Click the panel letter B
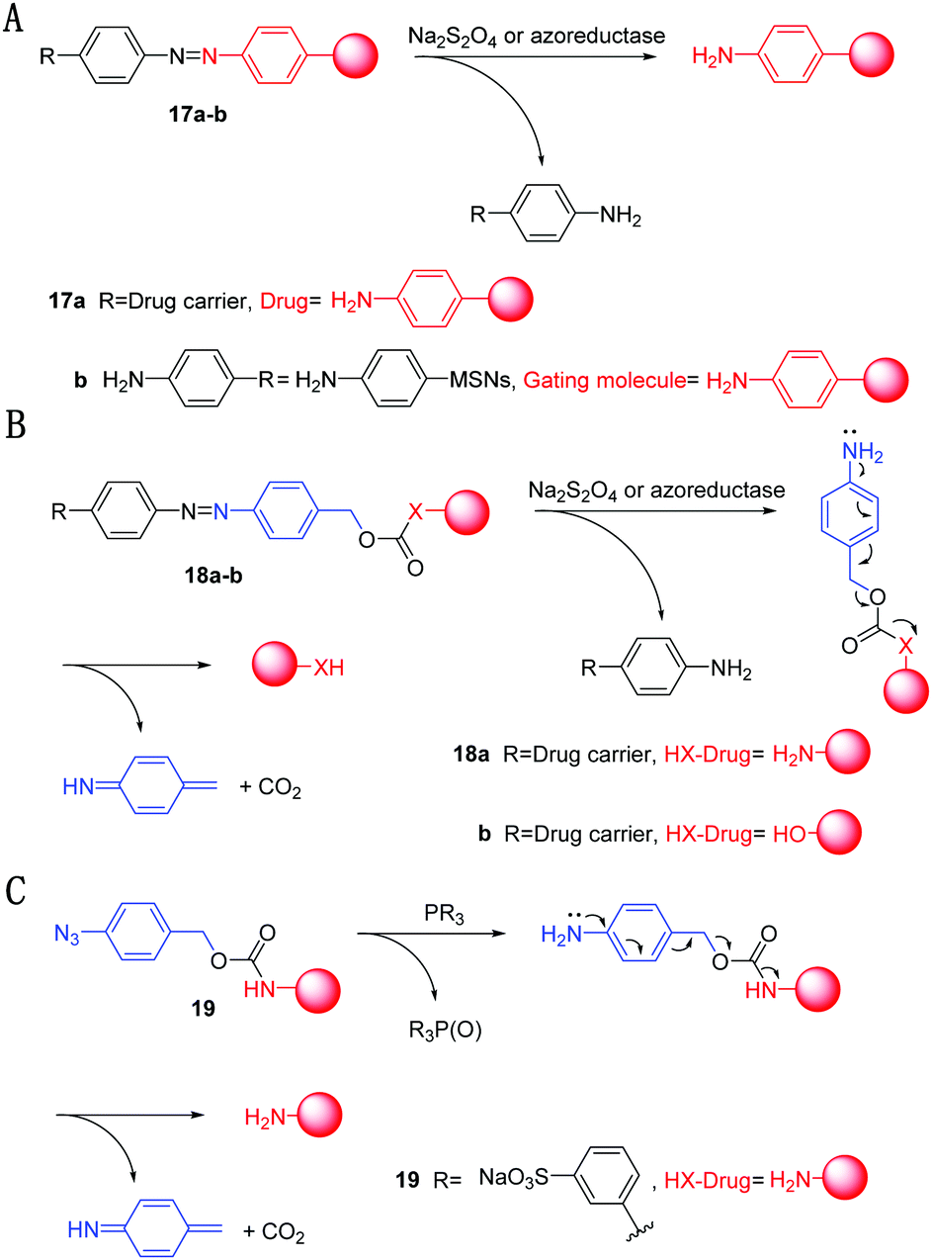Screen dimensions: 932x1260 pos(16,424)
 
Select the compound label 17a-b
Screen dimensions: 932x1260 pos(198,115)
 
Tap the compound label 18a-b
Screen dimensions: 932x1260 pos(212,576)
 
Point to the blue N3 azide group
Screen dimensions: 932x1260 pos(67,935)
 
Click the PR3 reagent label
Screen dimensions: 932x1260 pos(444,914)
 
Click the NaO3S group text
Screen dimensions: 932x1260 pos(513,1177)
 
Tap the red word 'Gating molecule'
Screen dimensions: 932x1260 pos(604,380)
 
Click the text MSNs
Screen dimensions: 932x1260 pos(480,380)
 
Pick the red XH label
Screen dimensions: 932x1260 pos(329,668)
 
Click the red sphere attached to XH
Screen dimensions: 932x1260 pos(275,664)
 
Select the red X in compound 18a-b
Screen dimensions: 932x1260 pos(416,511)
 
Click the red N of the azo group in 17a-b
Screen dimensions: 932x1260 pos(211,55)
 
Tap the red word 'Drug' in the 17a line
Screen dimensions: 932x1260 pos(284,301)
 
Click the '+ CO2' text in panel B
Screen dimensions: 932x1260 pos(271,787)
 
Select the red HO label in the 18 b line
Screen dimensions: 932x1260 pos(790,834)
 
